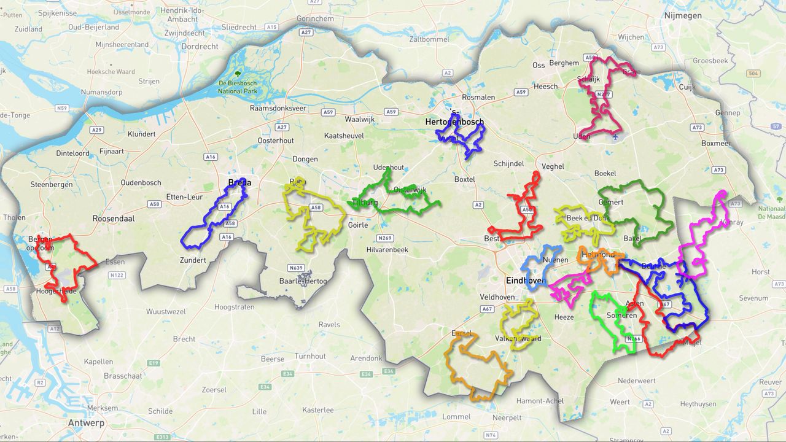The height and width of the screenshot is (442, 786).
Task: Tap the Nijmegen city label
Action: pyautogui.click(x=682, y=16)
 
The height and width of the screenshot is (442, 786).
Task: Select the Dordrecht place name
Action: pyautogui.click(x=200, y=46)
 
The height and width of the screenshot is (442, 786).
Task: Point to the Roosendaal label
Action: pyautogui.click(x=114, y=218)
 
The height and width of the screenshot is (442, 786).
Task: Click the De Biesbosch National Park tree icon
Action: pyautogui.click(x=238, y=74)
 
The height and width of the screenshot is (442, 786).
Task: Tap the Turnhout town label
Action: pyautogui.click(x=311, y=356)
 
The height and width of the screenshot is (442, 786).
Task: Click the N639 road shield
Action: pyautogui.click(x=296, y=268)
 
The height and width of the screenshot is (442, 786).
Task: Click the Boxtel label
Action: pyautogui.click(x=464, y=179)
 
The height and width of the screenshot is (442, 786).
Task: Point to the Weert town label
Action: pyautogui.click(x=620, y=402)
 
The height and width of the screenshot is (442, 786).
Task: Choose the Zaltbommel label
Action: pyautogui.click(x=429, y=39)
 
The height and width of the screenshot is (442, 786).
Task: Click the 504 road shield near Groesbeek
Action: pyautogui.click(x=753, y=73)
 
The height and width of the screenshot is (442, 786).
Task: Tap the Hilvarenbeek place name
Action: pyautogui.click(x=387, y=250)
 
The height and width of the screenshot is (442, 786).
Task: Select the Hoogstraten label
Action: pyautogui.click(x=234, y=307)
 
